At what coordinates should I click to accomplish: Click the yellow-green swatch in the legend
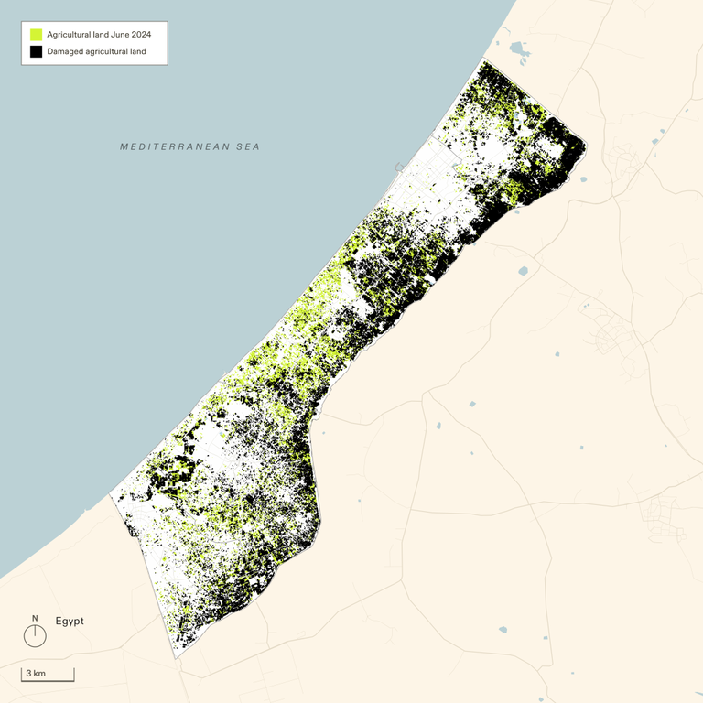pos(37,34)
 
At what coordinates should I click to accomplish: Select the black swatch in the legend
pos(37,51)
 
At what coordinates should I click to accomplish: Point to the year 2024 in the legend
pos(141,34)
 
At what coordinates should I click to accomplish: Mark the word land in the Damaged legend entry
pos(136,51)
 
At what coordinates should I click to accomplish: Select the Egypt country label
pos(70,621)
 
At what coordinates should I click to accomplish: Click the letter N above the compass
pos(35,618)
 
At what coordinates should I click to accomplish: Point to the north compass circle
pos(35,635)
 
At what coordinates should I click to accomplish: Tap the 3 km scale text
pos(36,674)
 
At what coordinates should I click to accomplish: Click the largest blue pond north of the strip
pos(520,50)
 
